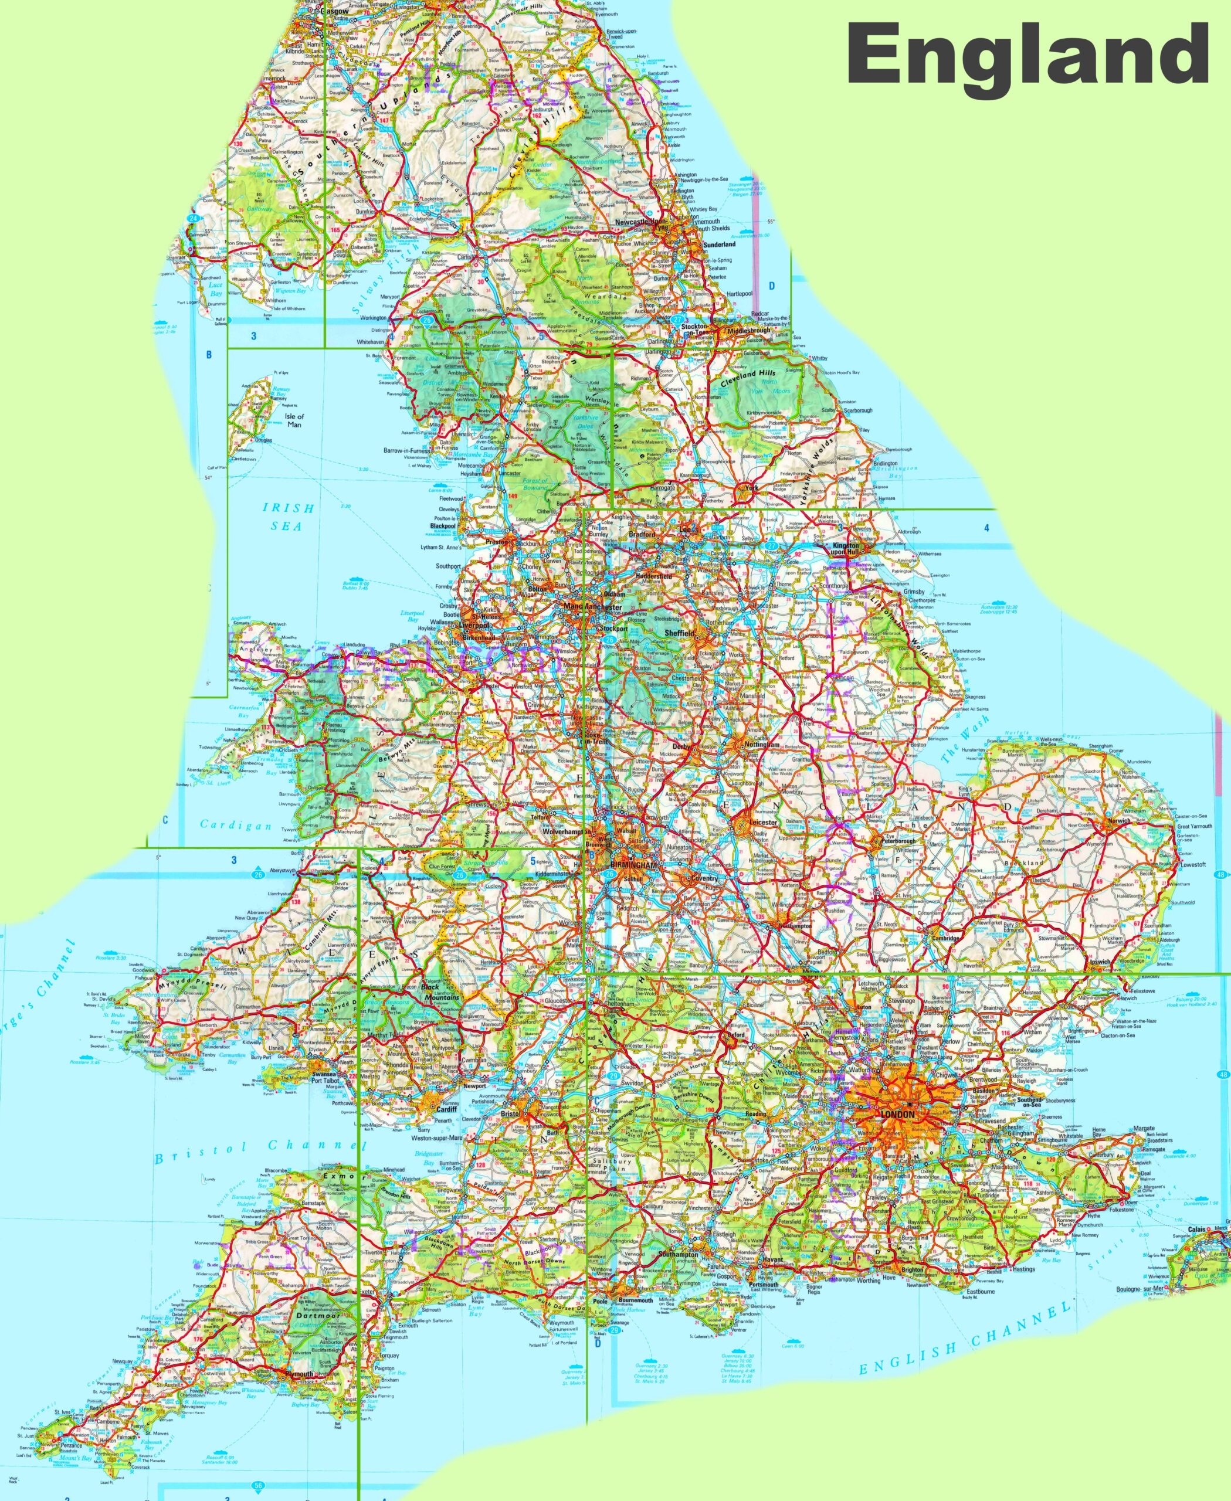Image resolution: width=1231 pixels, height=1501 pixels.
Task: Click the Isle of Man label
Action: (x=294, y=420)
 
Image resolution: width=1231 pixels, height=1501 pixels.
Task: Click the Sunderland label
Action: (x=719, y=244)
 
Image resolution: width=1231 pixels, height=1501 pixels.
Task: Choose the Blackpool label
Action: (x=443, y=526)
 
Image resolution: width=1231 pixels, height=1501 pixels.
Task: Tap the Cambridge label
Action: (x=946, y=938)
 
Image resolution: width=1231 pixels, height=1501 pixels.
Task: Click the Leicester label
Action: (x=763, y=823)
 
